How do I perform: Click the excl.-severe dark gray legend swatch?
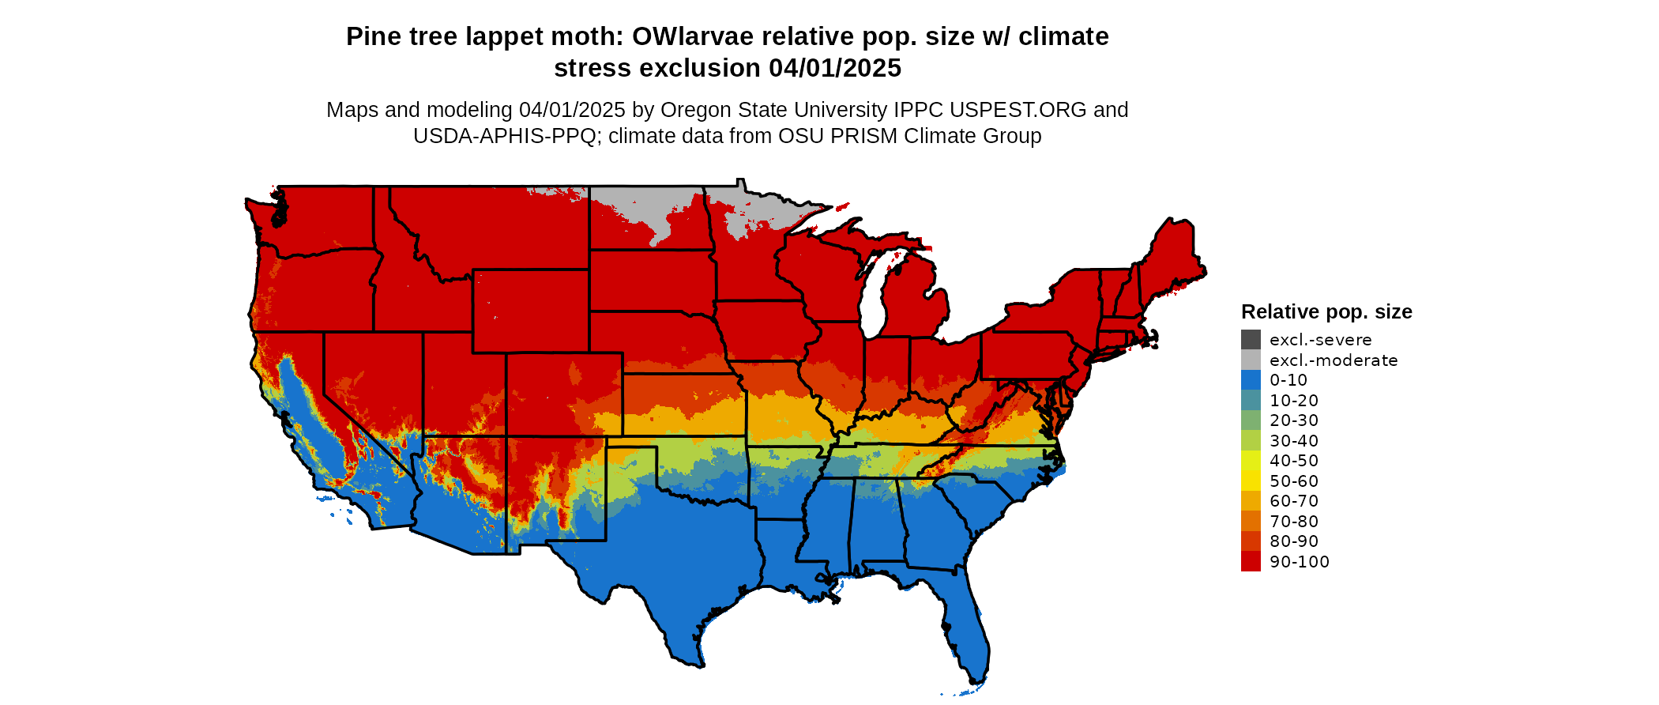(1251, 340)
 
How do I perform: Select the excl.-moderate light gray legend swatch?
(1251, 360)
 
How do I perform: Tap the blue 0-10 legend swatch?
(1251, 380)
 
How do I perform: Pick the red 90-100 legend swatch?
(1251, 561)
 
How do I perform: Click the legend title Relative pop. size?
(1326, 312)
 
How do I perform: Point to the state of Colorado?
(564, 394)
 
